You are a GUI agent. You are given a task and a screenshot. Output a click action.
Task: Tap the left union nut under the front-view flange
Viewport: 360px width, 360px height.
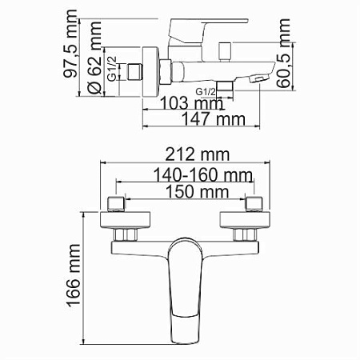tap(125, 235)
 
